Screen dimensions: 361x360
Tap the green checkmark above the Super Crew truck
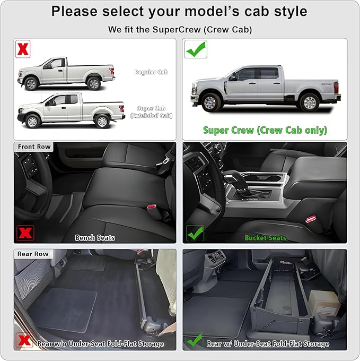pyautogui.click(x=196, y=49)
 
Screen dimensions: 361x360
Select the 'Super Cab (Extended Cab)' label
pyautogui.click(x=151, y=111)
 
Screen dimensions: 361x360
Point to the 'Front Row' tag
pyautogui.click(x=34, y=147)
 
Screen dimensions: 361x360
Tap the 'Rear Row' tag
pyautogui.click(x=33, y=254)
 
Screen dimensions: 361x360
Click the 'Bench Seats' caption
pyautogui.click(x=95, y=237)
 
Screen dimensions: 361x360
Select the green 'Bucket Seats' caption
pyautogui.click(x=265, y=237)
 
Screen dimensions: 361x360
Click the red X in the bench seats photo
pyautogui.click(x=25, y=233)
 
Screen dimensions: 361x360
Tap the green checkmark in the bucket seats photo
pyautogui.click(x=195, y=233)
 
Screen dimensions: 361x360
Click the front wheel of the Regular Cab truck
pyautogui.click(x=31, y=83)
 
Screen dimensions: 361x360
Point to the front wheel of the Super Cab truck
pyautogui.click(x=32, y=121)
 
